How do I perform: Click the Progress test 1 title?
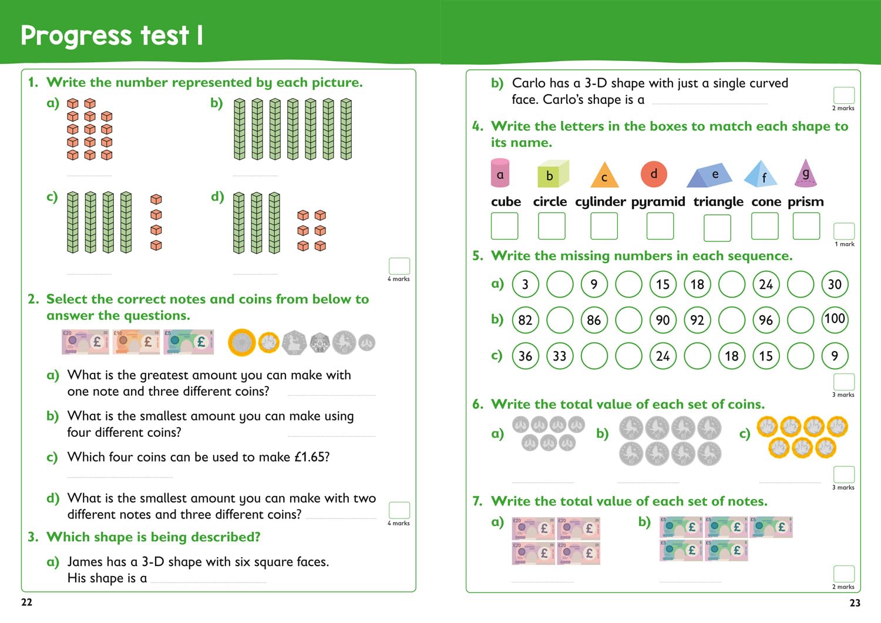click(x=112, y=35)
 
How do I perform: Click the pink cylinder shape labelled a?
click(x=500, y=173)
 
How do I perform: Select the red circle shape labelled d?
click(x=654, y=174)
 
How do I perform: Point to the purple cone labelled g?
click(x=805, y=174)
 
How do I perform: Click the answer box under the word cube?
click(x=505, y=226)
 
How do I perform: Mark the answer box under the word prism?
click(x=806, y=226)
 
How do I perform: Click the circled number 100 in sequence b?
click(x=835, y=319)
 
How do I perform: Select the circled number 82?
click(x=525, y=320)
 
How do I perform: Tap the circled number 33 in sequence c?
click(x=560, y=356)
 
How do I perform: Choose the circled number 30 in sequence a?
click(x=835, y=284)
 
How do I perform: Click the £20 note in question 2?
click(x=85, y=342)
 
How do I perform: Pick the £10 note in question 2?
click(x=136, y=342)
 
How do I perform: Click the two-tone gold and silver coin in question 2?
click(x=242, y=342)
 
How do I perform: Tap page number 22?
click(x=27, y=602)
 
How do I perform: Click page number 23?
click(x=855, y=603)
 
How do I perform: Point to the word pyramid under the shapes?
click(x=658, y=202)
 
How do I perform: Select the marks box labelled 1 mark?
click(x=844, y=231)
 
